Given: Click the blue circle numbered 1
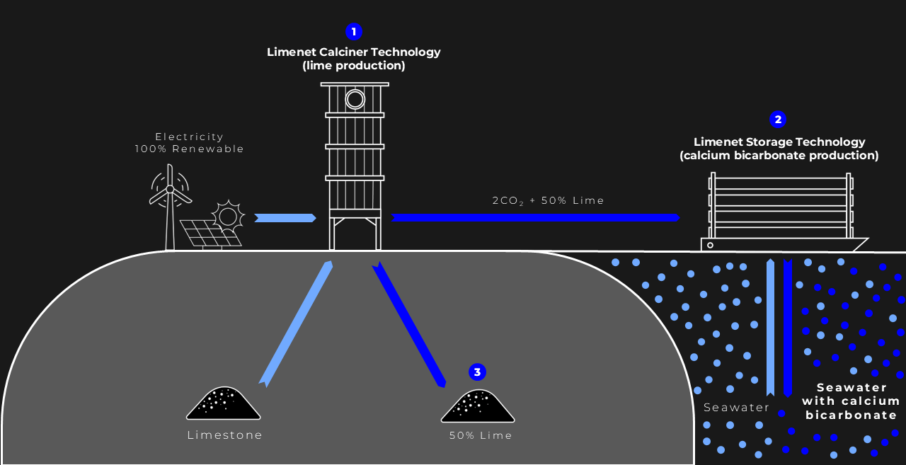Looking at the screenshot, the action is pyautogui.click(x=354, y=32).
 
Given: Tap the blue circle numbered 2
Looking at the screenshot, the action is pyautogui.click(x=778, y=120).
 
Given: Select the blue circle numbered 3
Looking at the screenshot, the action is pyautogui.click(x=477, y=372).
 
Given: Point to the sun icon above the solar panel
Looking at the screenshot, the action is pyautogui.click(x=228, y=217).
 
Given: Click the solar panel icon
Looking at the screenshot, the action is pyautogui.click(x=210, y=234).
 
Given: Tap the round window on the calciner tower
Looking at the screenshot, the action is pyautogui.click(x=355, y=100).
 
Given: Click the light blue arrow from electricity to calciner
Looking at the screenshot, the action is pyautogui.click(x=285, y=218).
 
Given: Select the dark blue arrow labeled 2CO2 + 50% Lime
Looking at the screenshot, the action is pyautogui.click(x=535, y=217).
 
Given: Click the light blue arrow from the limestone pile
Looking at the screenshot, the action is pyautogui.click(x=297, y=324).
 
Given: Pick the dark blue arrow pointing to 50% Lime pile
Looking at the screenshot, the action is pyautogui.click(x=409, y=324).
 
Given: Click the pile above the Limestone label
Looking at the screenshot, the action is pyautogui.click(x=223, y=403).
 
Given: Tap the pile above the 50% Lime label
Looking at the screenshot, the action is pyautogui.click(x=478, y=406).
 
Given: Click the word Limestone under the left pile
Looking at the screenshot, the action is pyautogui.click(x=225, y=435).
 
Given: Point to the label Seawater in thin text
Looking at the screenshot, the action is pyautogui.click(x=736, y=407).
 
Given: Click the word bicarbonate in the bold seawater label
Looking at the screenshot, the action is pyautogui.click(x=851, y=415).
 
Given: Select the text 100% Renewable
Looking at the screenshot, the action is pyautogui.click(x=189, y=149).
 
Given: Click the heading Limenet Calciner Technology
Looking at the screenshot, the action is pyautogui.click(x=353, y=52).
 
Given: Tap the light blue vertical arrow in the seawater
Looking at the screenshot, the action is pyautogui.click(x=771, y=328).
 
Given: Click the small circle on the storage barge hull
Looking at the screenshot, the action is pyautogui.click(x=710, y=245).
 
